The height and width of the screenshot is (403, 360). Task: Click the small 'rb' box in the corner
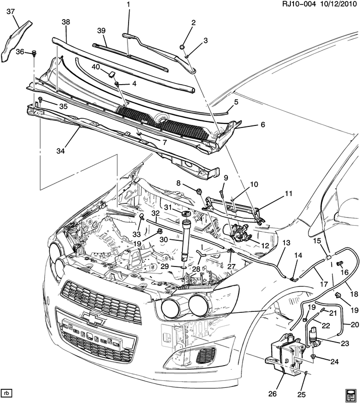[8, 392]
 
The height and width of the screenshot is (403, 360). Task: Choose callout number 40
[96, 68]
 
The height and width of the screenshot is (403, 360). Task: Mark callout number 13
[286, 243]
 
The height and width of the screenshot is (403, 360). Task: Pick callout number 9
[225, 178]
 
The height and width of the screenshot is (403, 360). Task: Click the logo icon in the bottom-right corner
[351, 393]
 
